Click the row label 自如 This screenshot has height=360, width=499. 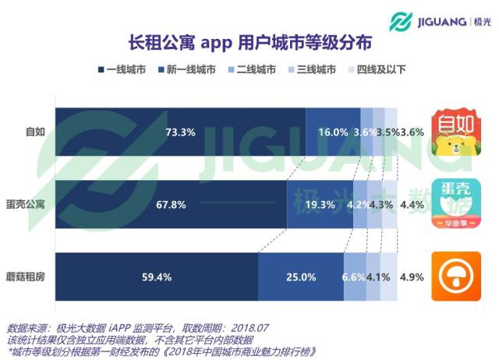34,132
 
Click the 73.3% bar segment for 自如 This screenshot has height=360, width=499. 180,132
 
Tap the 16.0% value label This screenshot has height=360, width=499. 332,132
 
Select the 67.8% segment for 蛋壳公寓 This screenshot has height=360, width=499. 171,204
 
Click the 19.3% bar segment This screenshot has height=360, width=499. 320,204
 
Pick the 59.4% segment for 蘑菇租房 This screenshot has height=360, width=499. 156,277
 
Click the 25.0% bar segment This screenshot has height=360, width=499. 301,277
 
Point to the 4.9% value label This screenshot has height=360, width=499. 411,277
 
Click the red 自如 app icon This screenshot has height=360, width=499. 456,132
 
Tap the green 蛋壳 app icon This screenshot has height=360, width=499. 456,204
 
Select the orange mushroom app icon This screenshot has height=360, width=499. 456,277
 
